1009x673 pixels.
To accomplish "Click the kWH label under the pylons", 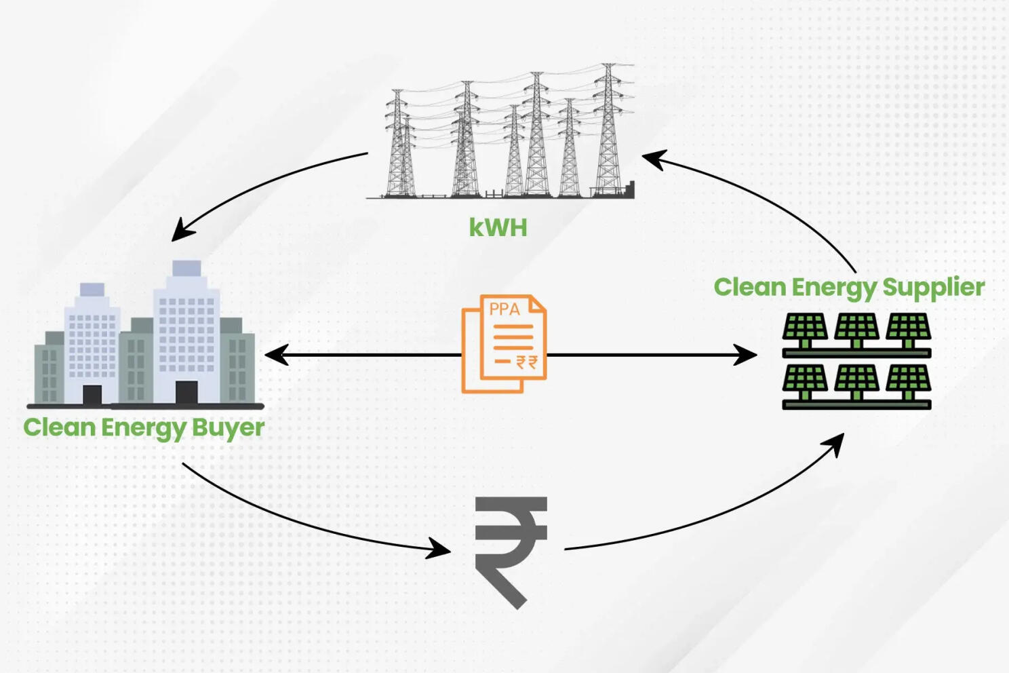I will (x=498, y=227).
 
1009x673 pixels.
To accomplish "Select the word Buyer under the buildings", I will (x=228, y=428).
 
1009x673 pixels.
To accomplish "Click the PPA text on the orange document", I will (x=504, y=309).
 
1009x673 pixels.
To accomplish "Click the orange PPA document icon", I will (x=504, y=344).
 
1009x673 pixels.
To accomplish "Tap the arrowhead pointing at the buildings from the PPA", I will (x=276, y=355).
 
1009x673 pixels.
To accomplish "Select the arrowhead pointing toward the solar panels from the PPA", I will (x=746, y=355).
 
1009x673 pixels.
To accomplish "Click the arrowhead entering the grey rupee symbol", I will (x=439, y=548).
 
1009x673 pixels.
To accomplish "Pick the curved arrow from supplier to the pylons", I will (x=759, y=197).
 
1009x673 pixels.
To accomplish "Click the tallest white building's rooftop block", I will (x=186, y=269).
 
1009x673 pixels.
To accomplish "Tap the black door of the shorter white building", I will (x=92, y=395).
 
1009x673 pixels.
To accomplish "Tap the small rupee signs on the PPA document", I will (x=526, y=362).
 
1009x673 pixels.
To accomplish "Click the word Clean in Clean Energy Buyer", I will (x=60, y=428).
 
